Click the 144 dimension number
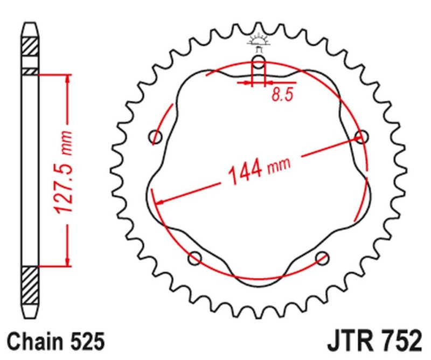(x=245, y=171)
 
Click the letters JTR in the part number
(x=350, y=342)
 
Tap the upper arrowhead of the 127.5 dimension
(x=67, y=79)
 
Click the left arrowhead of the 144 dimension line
(x=158, y=203)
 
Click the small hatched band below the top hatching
(x=31, y=71)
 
